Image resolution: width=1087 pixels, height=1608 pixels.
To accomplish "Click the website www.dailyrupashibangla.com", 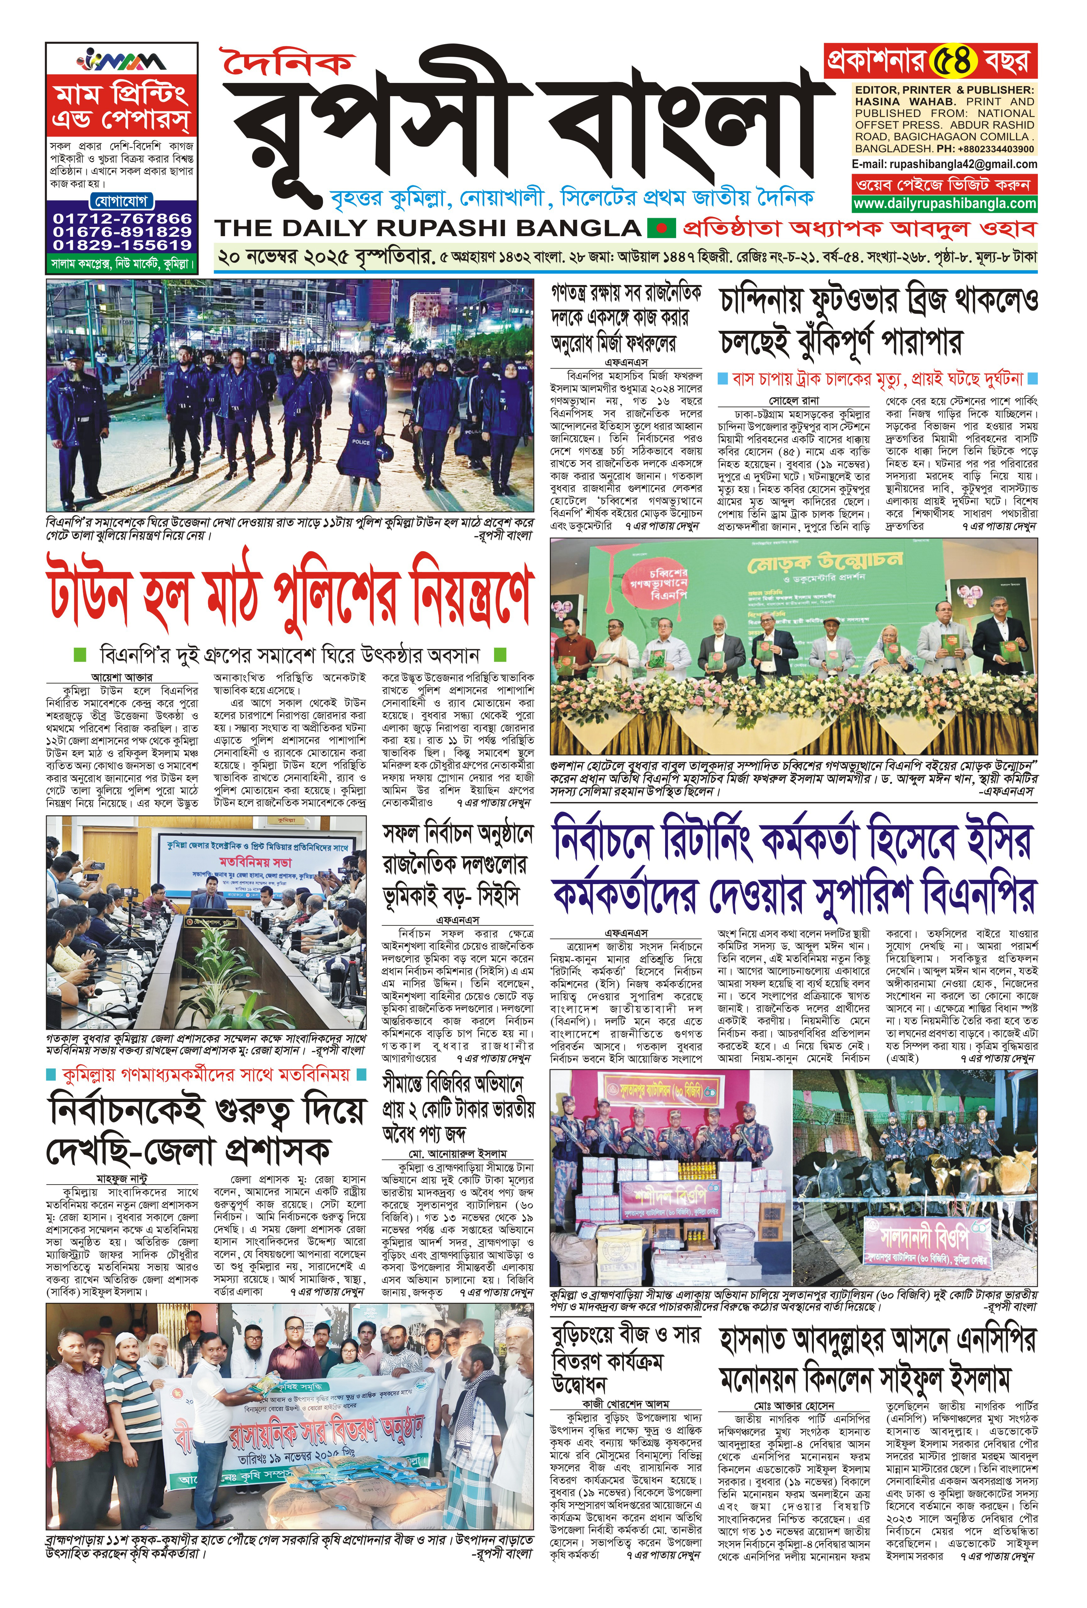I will tap(944, 203).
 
